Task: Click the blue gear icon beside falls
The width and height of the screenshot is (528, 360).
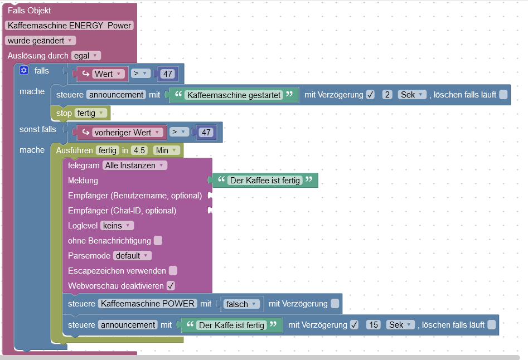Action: (23, 71)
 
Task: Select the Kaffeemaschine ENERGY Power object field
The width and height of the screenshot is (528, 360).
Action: (70, 26)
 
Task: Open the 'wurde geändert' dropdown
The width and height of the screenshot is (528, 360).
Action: (40, 41)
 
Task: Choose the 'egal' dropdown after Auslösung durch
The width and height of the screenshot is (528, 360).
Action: (86, 56)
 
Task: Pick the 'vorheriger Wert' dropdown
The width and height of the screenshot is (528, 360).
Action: (127, 132)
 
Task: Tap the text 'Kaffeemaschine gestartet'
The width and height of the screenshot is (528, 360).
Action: (234, 95)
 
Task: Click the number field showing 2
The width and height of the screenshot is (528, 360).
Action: (387, 95)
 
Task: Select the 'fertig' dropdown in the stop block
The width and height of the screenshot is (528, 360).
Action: (90, 113)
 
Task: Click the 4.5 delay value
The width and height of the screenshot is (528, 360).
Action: (140, 150)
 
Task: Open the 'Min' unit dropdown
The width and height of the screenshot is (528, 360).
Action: (167, 150)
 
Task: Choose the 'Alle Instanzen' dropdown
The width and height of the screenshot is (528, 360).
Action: (135, 166)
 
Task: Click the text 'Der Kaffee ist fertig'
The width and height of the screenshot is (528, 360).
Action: (265, 181)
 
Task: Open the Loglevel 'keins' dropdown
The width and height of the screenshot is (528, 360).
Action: (117, 226)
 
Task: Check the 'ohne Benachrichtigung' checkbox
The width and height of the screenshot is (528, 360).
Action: (158, 241)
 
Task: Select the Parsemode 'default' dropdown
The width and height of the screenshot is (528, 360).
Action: (132, 256)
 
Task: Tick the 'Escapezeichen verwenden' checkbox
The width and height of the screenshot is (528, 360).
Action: (173, 271)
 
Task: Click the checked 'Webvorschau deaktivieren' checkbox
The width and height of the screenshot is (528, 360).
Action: (171, 286)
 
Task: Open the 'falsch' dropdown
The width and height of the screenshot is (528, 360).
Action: (241, 304)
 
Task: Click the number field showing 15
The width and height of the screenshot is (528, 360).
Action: (373, 325)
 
